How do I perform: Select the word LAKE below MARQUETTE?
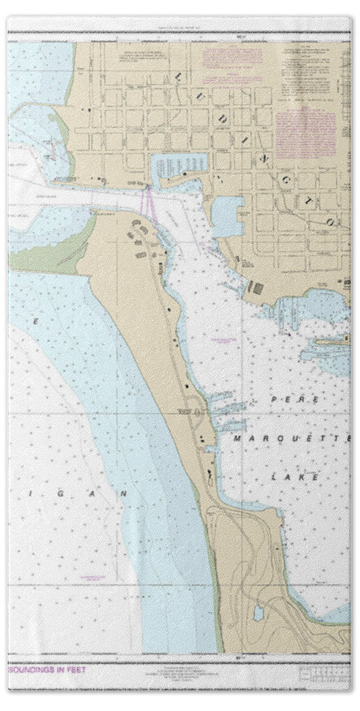[288, 477]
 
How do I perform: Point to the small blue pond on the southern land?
[257, 613]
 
